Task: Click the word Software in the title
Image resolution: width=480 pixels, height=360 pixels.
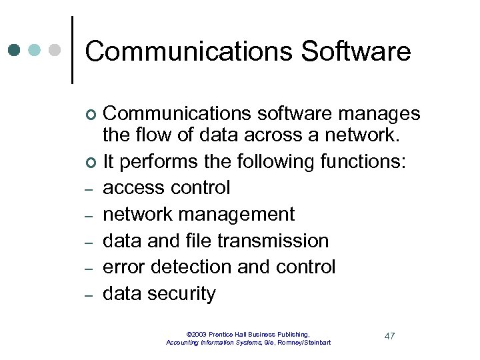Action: tap(356, 51)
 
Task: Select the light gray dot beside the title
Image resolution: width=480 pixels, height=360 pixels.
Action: tap(55, 50)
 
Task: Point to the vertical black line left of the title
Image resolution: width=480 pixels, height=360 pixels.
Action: tap(72, 50)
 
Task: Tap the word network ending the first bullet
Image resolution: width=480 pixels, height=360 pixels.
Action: tap(363, 135)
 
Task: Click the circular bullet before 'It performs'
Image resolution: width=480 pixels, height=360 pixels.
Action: tap(91, 163)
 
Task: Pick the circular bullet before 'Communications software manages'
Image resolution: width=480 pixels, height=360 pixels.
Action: tap(91, 115)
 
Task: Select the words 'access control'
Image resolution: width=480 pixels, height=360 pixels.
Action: tap(166, 188)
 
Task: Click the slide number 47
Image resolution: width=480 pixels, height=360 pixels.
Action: tap(390, 335)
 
